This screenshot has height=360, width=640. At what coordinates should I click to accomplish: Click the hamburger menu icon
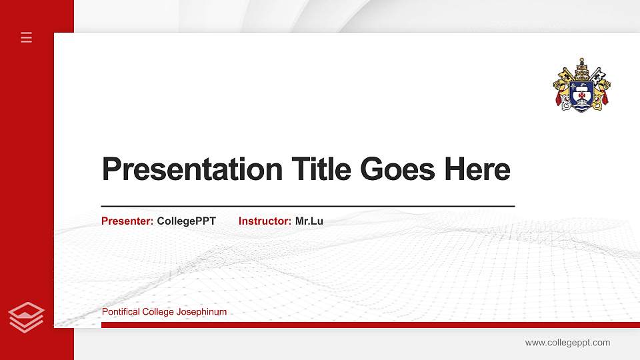pos(27,37)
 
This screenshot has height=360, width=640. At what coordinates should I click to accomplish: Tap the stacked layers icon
pos(27,317)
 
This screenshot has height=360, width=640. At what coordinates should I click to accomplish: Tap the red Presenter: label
pos(127,221)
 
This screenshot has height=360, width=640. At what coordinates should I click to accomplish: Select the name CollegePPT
pos(187,221)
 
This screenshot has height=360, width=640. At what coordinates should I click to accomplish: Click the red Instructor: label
pos(265,221)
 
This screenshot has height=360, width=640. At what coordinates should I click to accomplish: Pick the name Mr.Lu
pos(309,221)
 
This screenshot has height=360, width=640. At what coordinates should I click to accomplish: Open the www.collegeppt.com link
pos(567,343)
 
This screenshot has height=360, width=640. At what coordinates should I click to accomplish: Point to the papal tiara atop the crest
pos(581,67)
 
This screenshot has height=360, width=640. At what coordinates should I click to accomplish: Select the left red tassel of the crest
pos(559,100)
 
